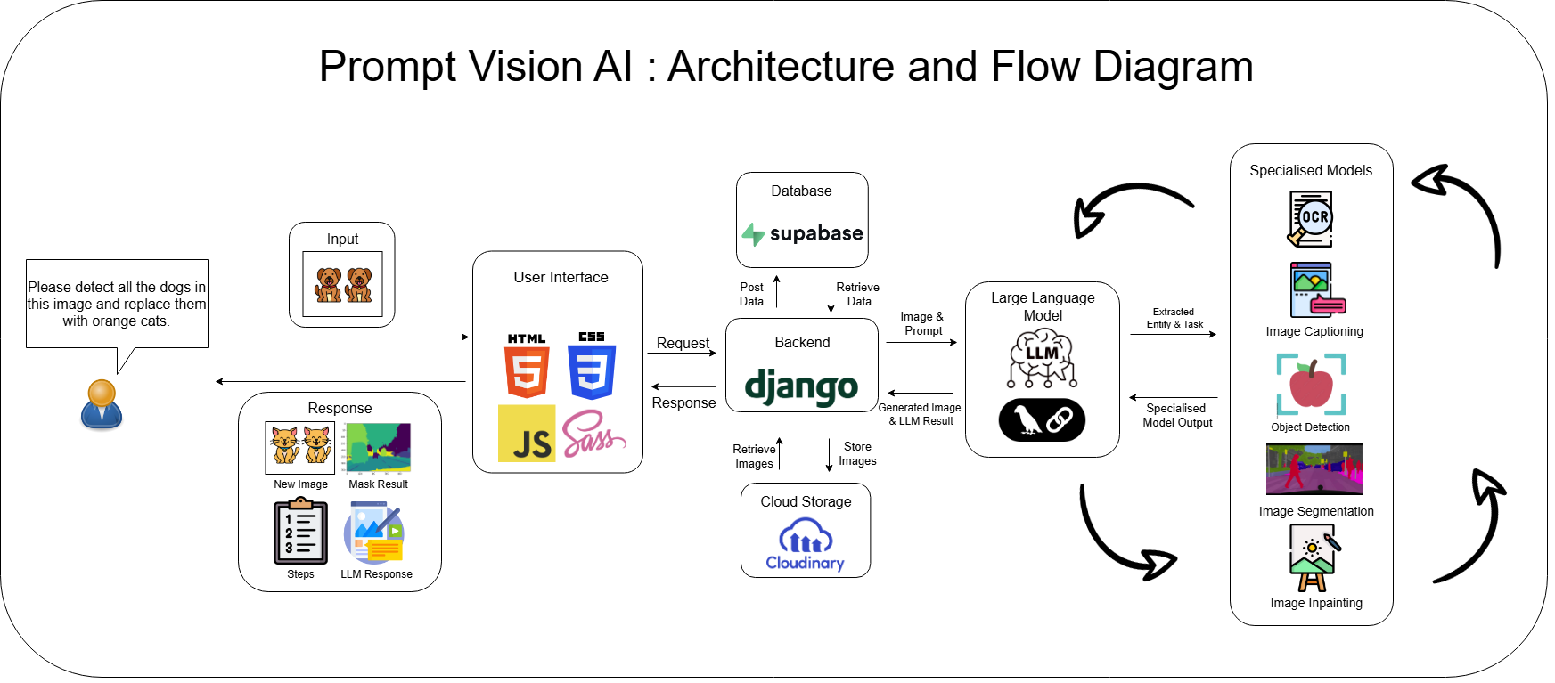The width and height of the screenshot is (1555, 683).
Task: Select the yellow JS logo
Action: [x=527, y=434]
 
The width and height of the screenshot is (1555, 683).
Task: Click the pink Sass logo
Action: [x=592, y=434]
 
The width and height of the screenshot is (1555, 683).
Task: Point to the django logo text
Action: [x=801, y=386]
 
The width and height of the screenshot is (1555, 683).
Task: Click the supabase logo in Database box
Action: [x=802, y=233]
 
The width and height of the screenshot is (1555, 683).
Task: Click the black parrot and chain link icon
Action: [x=1042, y=419]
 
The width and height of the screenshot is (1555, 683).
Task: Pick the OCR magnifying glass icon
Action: [x=1310, y=219]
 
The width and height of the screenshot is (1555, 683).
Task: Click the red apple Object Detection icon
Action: [x=1311, y=385]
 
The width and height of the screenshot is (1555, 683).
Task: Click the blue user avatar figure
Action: [x=102, y=405]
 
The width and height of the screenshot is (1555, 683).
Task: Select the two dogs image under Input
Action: [x=343, y=284]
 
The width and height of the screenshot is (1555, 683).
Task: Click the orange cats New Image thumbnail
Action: [x=300, y=447]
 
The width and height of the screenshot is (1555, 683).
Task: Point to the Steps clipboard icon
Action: [x=300, y=532]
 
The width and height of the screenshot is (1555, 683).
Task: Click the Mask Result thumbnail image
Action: [x=378, y=448]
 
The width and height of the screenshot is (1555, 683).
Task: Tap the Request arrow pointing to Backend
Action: [x=682, y=354]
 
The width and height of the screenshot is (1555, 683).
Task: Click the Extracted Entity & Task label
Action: [x=1174, y=318]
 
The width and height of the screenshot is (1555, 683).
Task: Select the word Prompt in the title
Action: [x=387, y=68]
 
